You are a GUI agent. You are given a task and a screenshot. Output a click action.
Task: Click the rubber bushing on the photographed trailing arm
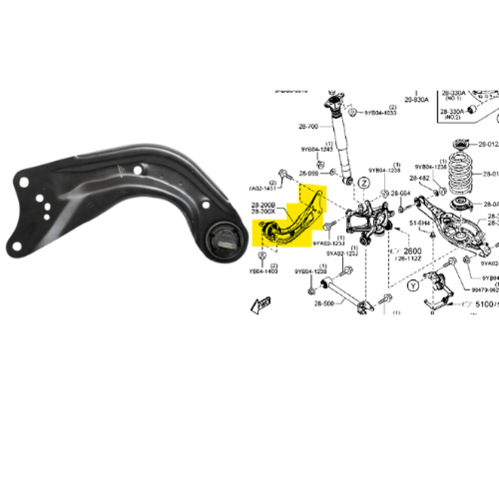pos(227,240)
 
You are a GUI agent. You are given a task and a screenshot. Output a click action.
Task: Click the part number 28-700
pos(308,127)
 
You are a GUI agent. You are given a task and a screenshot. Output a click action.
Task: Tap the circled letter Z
pos(364,183)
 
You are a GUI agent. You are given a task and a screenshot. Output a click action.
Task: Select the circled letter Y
pos(412,286)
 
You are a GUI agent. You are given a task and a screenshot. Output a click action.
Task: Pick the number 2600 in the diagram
pos(413,250)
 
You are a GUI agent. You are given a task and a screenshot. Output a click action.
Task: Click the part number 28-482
pos(419,178)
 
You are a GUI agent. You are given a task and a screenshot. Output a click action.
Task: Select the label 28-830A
pos(416,100)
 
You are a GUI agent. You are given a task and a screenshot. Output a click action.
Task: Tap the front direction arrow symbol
pos(262,304)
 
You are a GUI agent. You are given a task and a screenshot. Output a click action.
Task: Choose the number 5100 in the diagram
pos(484,303)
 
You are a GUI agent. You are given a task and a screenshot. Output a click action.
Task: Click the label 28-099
pos(308,174)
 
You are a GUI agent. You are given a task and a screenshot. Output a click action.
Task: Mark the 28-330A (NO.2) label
pos(452,113)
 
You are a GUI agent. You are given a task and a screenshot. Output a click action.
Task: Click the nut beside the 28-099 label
pos(332,173)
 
